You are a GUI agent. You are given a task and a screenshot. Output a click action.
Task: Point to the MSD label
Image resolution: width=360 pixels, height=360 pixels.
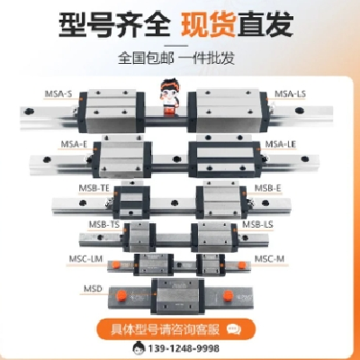tap(94, 290)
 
